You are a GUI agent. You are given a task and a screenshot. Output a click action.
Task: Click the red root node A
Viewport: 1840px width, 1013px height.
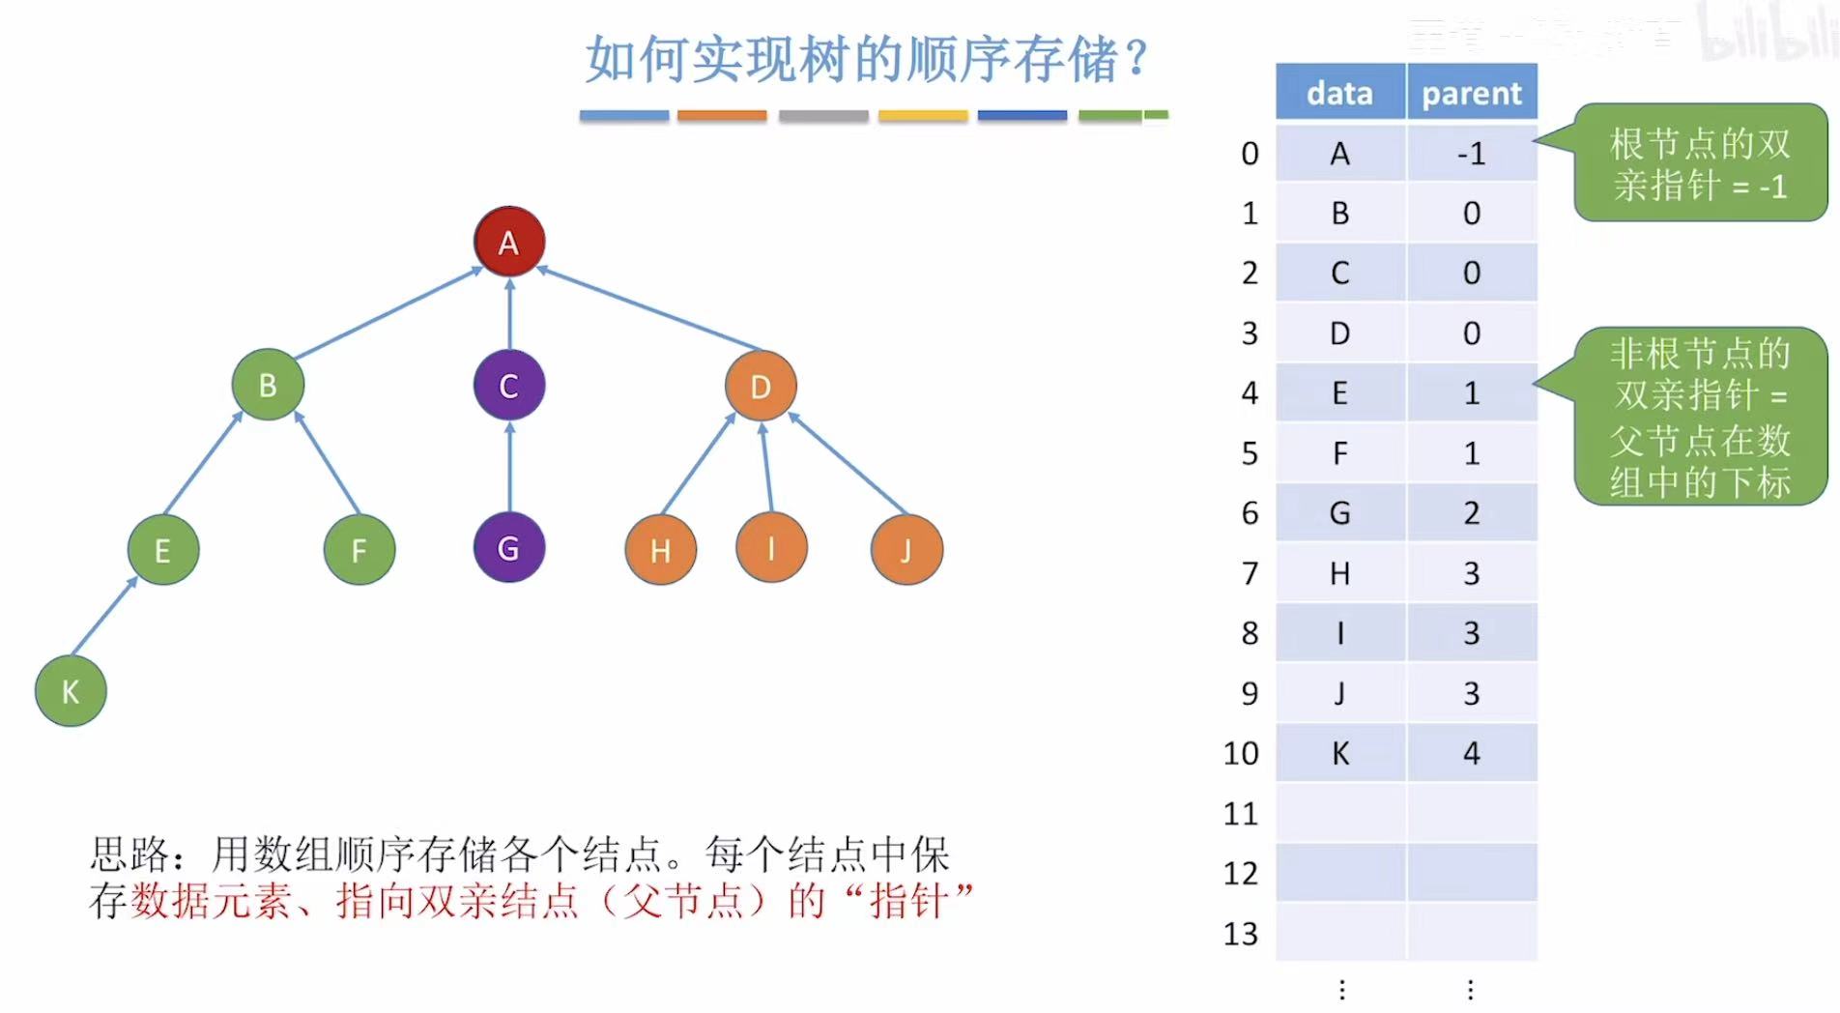(x=509, y=242)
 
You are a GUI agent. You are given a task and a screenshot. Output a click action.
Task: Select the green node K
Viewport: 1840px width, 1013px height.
(x=71, y=691)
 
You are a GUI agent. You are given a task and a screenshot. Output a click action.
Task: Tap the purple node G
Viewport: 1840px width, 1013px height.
(x=509, y=548)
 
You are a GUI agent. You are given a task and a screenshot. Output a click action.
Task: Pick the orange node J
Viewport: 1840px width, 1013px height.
(x=906, y=550)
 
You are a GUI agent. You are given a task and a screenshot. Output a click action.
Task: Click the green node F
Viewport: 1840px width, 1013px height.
(x=359, y=550)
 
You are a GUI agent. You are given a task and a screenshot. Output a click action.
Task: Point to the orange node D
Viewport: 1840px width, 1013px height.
(x=761, y=387)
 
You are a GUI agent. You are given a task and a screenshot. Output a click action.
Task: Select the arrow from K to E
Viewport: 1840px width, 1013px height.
(x=104, y=616)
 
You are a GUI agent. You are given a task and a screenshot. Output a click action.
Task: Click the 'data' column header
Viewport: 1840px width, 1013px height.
(x=1339, y=93)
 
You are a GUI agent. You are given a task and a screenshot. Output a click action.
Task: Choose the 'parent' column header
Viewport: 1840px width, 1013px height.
(x=1472, y=93)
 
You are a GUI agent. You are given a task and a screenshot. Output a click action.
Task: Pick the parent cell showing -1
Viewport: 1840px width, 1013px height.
(x=1472, y=153)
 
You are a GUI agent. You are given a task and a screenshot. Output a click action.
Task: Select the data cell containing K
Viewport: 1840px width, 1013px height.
(x=1339, y=753)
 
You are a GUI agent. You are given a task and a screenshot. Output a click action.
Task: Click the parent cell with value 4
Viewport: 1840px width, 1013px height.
(x=1472, y=753)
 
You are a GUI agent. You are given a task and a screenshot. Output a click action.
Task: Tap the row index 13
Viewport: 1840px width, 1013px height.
(x=1241, y=934)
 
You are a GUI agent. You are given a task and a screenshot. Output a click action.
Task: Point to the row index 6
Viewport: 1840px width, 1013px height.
(x=1250, y=513)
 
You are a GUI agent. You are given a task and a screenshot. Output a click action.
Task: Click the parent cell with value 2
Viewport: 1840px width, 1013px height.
(x=1472, y=513)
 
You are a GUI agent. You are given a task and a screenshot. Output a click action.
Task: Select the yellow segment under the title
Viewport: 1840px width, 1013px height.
(x=923, y=116)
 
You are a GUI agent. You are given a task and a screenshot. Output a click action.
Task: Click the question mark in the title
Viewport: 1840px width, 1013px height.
(x=1137, y=58)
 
